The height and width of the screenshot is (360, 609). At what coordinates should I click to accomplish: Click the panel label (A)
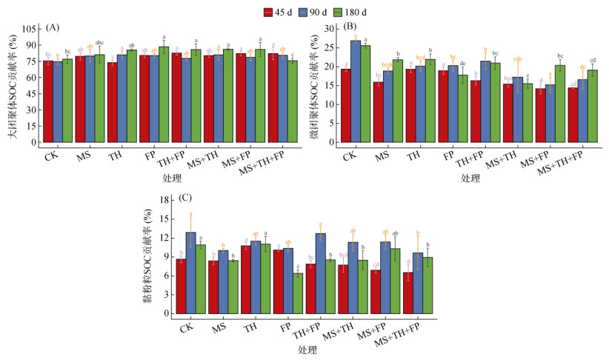(x=53, y=27)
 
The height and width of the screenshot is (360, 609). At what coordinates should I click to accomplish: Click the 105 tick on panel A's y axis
(x=30, y=28)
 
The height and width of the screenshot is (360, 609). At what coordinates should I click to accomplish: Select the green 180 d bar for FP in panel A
(x=164, y=94)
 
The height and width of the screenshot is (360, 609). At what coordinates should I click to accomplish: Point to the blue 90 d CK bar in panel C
(x=190, y=273)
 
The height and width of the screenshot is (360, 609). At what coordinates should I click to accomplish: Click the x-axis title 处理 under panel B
(x=470, y=179)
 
